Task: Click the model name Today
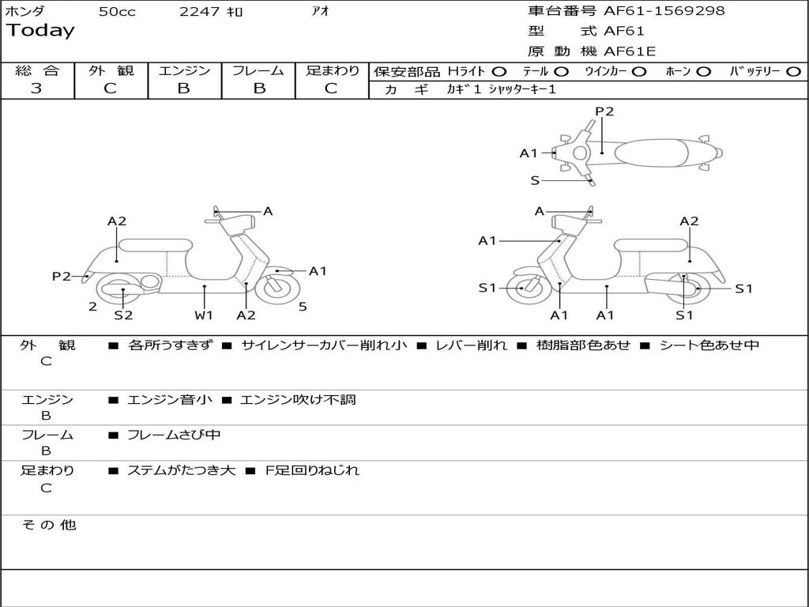pyautogui.click(x=40, y=31)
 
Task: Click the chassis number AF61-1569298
pyautogui.click(x=664, y=10)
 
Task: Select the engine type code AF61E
pyautogui.click(x=630, y=51)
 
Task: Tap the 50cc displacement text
pyautogui.click(x=117, y=12)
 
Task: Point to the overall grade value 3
pyautogui.click(x=36, y=88)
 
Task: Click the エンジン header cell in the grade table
pyautogui.click(x=184, y=70)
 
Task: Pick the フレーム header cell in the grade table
pyautogui.click(x=258, y=70)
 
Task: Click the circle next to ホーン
pyautogui.click(x=703, y=72)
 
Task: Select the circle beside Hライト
pyautogui.click(x=499, y=72)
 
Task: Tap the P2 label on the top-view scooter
pyautogui.click(x=604, y=111)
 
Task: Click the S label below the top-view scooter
pyautogui.click(x=535, y=181)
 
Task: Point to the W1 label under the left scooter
pyautogui.click(x=204, y=315)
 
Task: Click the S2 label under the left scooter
pyautogui.click(x=123, y=315)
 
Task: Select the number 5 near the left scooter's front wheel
pyautogui.click(x=303, y=307)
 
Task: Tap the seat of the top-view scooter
pyautogui.click(x=651, y=153)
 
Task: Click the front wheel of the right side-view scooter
pyautogui.click(x=526, y=288)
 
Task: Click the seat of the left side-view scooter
pyautogui.click(x=156, y=245)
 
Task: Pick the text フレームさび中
pyautogui.click(x=174, y=435)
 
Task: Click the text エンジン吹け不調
pyautogui.click(x=298, y=400)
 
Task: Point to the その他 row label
pyautogui.click(x=49, y=525)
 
